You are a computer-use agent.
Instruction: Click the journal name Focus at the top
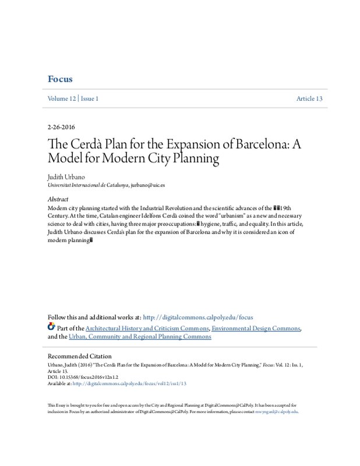pos(60,79)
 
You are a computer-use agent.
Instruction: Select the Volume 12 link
pos(61,99)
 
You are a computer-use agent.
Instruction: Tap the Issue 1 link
pos(89,99)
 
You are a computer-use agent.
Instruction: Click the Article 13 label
pos(309,99)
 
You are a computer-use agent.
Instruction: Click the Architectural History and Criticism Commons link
pos(144,328)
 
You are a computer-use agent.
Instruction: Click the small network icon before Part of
pos(51,327)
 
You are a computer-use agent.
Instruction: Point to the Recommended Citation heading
pos(79,356)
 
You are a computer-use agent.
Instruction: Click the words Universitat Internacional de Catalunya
pos(87,183)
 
